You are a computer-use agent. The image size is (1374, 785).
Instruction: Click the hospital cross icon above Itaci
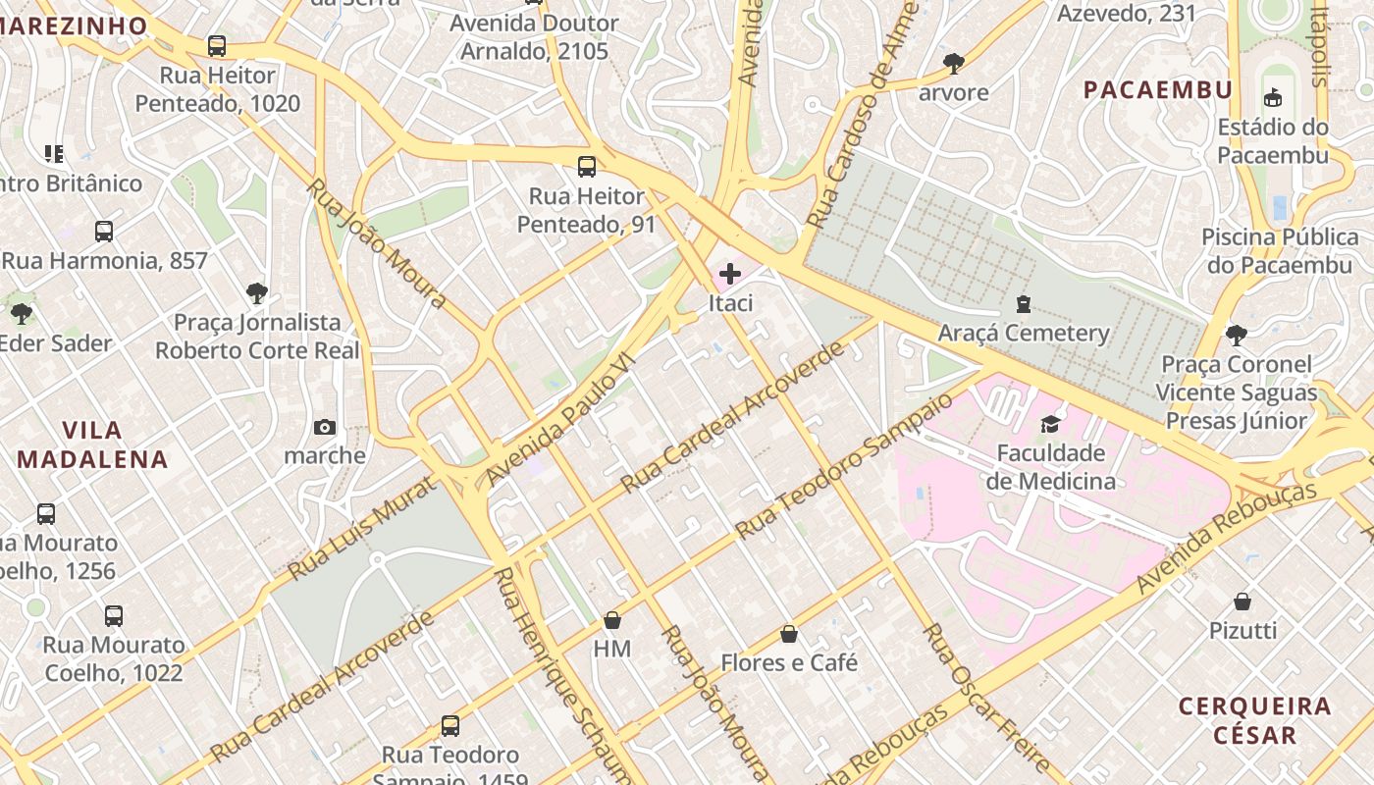(730, 274)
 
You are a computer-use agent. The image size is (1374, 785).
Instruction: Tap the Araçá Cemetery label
(1024, 333)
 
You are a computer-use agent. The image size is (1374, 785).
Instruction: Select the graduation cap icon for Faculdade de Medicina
(1050, 424)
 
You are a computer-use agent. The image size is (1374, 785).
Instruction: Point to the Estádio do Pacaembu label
(1273, 140)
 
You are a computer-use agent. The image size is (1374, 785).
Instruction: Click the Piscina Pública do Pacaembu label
(1280, 251)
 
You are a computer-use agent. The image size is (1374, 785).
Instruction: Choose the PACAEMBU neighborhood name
(1158, 90)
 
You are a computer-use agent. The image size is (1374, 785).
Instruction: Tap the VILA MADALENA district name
(92, 445)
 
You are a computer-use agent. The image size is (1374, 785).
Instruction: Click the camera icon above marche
(325, 427)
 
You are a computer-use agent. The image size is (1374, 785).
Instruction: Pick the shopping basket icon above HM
(612, 620)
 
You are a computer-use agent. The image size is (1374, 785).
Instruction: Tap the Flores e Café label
(789, 662)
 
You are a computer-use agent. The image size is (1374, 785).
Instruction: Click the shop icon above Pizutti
(1242, 602)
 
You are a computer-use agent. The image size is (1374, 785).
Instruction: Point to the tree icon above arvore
(953, 64)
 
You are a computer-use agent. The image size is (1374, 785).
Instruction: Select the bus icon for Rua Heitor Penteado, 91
(587, 166)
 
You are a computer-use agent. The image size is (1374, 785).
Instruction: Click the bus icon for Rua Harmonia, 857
(104, 232)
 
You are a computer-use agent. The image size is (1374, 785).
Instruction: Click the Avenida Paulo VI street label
(562, 419)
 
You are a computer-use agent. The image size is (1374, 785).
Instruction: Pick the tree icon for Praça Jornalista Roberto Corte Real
(257, 292)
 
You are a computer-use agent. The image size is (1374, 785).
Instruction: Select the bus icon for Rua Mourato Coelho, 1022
(114, 616)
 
